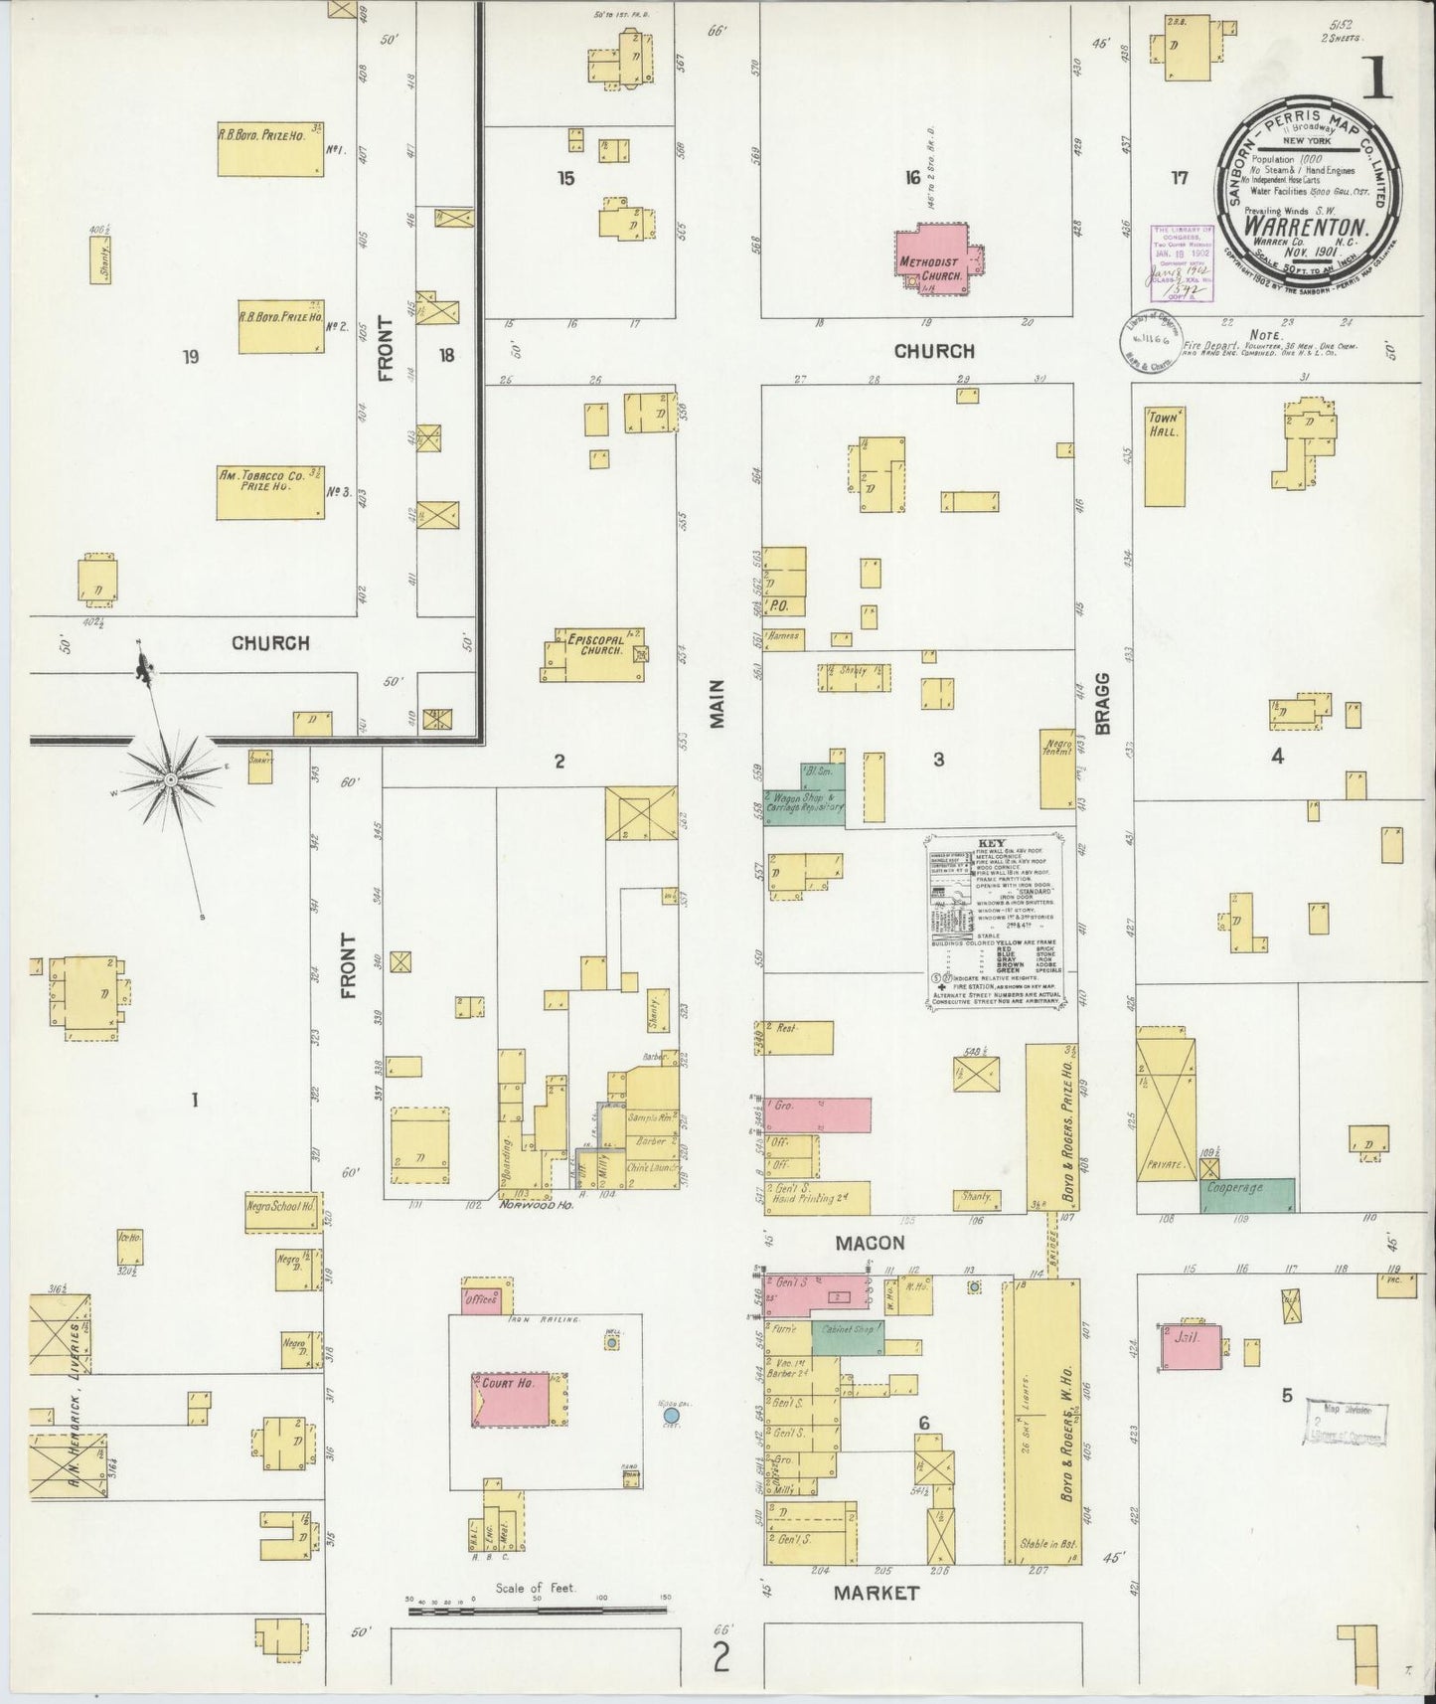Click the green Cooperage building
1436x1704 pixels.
pos(1247,1194)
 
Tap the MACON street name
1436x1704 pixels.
pos(870,1243)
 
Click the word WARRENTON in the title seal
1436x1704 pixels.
pos(1303,225)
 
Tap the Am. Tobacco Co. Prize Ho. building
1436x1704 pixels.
pos(270,493)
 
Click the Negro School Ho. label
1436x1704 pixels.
pos(282,1207)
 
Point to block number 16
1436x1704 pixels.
pos(912,178)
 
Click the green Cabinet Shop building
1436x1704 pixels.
pos(847,1337)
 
